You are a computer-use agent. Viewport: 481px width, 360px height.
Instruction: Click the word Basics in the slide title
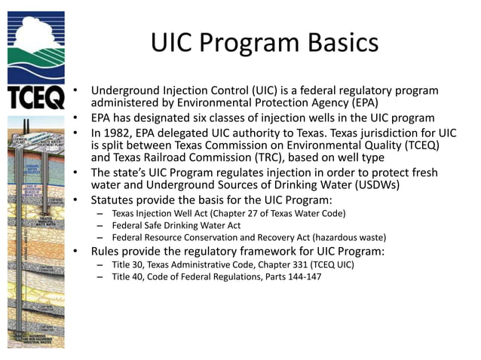click(339, 42)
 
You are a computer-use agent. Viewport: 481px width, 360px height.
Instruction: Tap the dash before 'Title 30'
click(100, 264)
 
